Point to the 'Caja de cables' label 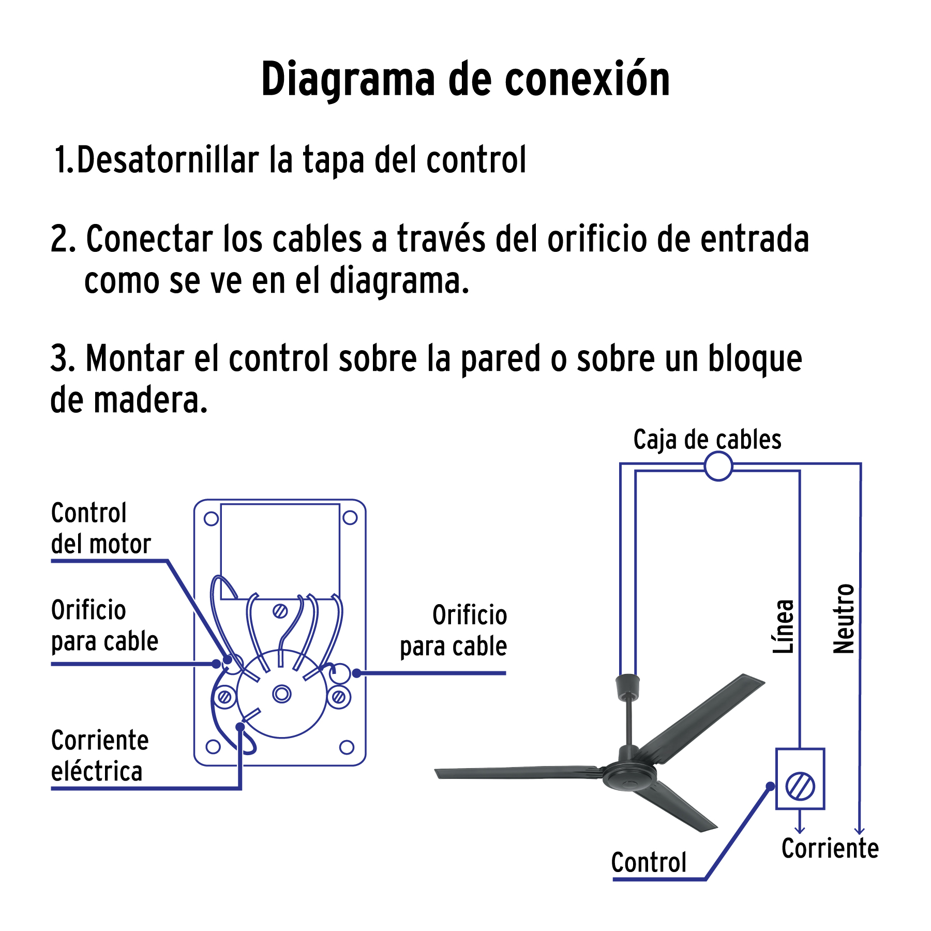click(x=707, y=440)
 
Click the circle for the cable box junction click(x=718, y=466)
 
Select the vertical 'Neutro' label click(x=844, y=619)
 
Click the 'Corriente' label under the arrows click(x=830, y=848)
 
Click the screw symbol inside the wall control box click(x=800, y=786)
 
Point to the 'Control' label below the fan click(x=649, y=862)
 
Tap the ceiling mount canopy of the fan click(x=627, y=687)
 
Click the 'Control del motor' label click(x=101, y=529)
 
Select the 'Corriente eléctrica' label click(x=100, y=756)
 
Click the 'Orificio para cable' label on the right click(x=454, y=631)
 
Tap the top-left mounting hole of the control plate click(x=212, y=519)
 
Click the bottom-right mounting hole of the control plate click(x=347, y=747)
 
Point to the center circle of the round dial click(x=282, y=693)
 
